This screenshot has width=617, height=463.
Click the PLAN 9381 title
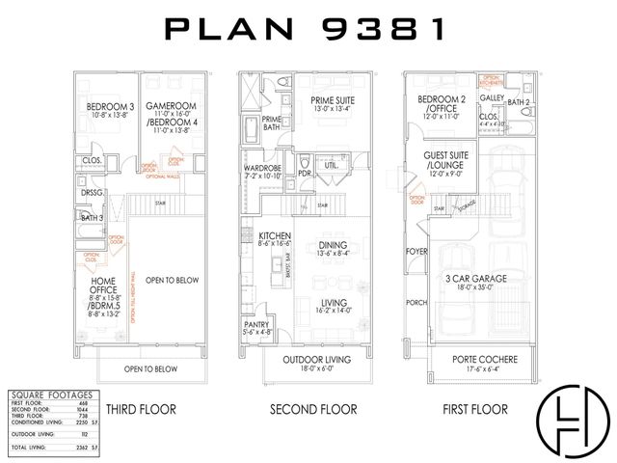click(x=308, y=29)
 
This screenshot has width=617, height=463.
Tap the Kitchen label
click(x=269, y=237)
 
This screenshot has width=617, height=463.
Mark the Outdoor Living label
click(x=318, y=361)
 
